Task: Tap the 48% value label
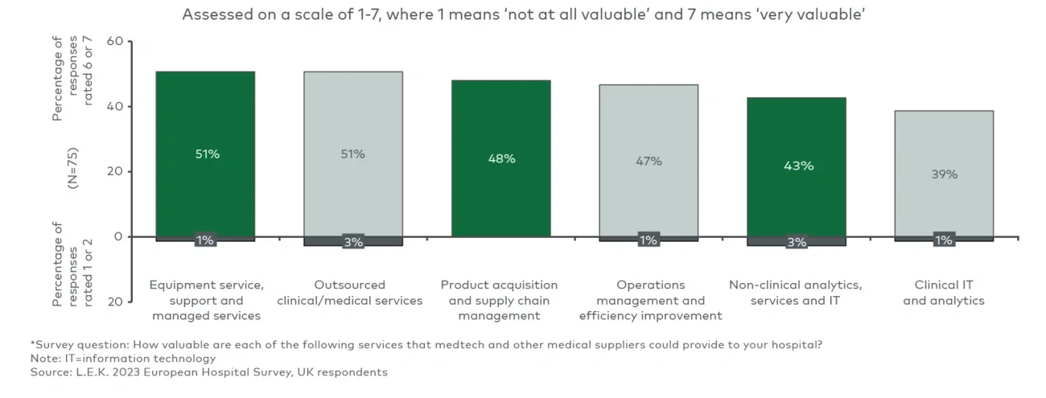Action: click(x=501, y=158)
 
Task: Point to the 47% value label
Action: click(x=649, y=161)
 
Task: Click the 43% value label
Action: click(x=797, y=166)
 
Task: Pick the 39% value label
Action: click(x=944, y=174)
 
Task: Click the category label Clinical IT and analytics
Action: click(x=944, y=293)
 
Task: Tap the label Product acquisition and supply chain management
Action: click(x=499, y=300)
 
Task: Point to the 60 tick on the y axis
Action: click(x=114, y=42)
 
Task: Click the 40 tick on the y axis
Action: click(x=114, y=107)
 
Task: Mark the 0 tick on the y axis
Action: click(x=117, y=236)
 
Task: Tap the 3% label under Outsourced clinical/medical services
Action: click(x=353, y=241)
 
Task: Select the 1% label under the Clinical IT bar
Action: click(x=944, y=240)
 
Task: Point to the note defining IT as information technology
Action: click(x=124, y=358)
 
